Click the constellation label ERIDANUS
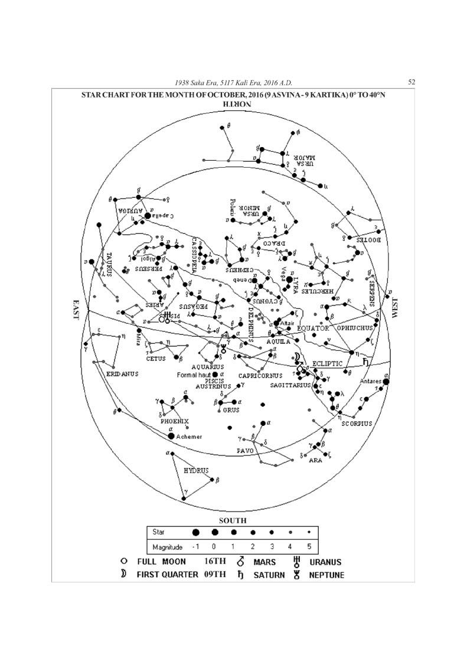click(123, 375)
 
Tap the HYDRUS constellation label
click(197, 471)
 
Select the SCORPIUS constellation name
click(357, 424)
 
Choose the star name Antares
click(371, 382)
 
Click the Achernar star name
click(190, 437)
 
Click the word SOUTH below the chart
click(233, 520)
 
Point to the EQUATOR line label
click(313, 328)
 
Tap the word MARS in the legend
click(264, 562)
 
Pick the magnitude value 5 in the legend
click(309, 547)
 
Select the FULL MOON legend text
click(161, 562)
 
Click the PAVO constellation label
click(245, 451)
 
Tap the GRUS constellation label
click(231, 410)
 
